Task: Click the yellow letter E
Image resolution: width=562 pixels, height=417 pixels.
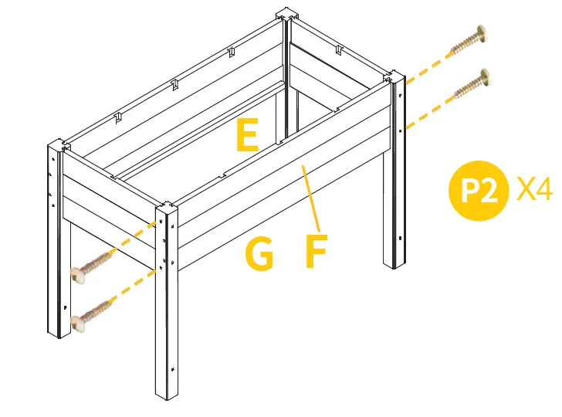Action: coord(247,137)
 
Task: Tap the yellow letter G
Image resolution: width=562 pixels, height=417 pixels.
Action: coord(259,255)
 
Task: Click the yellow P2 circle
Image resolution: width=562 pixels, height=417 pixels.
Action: coord(478,191)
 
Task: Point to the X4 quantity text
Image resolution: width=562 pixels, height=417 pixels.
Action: coord(534,189)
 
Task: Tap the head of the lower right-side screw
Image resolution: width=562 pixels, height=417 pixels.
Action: coord(485,77)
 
